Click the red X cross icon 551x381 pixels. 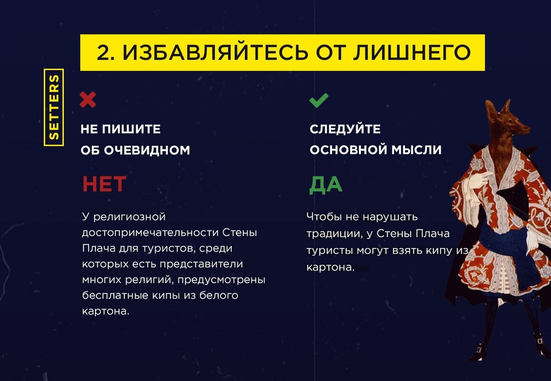[88, 99]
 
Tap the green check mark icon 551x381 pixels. [319, 100]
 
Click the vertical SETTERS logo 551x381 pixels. [54, 108]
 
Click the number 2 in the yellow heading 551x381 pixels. [105, 53]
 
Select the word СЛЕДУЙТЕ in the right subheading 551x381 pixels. [345, 129]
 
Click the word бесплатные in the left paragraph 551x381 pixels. [115, 295]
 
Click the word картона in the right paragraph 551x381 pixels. [328, 267]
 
